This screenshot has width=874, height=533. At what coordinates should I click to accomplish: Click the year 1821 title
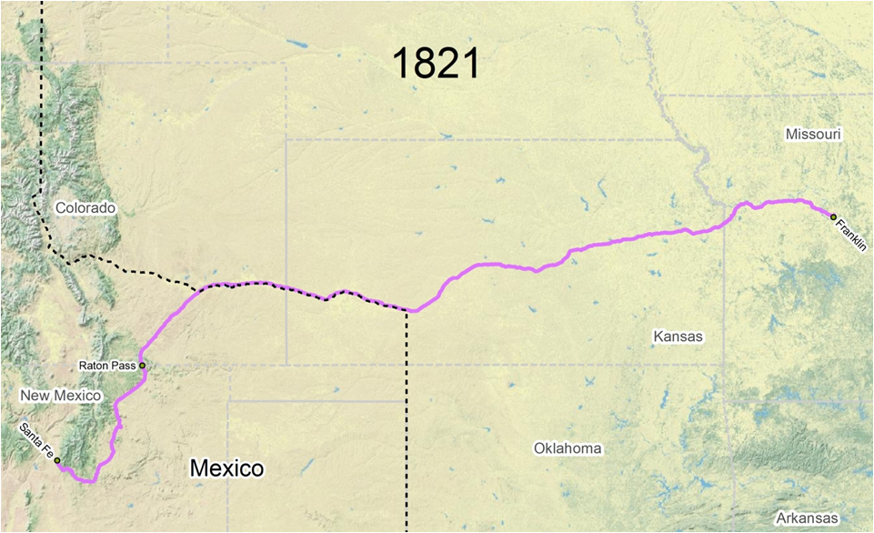436,64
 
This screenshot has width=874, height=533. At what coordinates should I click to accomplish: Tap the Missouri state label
813,135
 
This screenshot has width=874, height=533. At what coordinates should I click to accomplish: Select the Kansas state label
678,337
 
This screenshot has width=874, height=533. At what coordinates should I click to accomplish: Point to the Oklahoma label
568,448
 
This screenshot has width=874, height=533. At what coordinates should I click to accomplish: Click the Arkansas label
801,518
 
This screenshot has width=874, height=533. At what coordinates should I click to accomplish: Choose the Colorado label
85,207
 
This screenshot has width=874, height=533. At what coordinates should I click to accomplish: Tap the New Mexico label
60,396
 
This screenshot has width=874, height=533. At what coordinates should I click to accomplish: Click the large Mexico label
226,468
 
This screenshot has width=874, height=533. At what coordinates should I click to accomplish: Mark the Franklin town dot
833,216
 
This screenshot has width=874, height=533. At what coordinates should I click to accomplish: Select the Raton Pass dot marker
142,366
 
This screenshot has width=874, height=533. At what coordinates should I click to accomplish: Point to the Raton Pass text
107,366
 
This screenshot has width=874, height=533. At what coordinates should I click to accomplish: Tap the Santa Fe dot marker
57,461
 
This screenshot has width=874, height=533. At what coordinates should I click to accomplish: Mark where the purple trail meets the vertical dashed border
408,311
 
